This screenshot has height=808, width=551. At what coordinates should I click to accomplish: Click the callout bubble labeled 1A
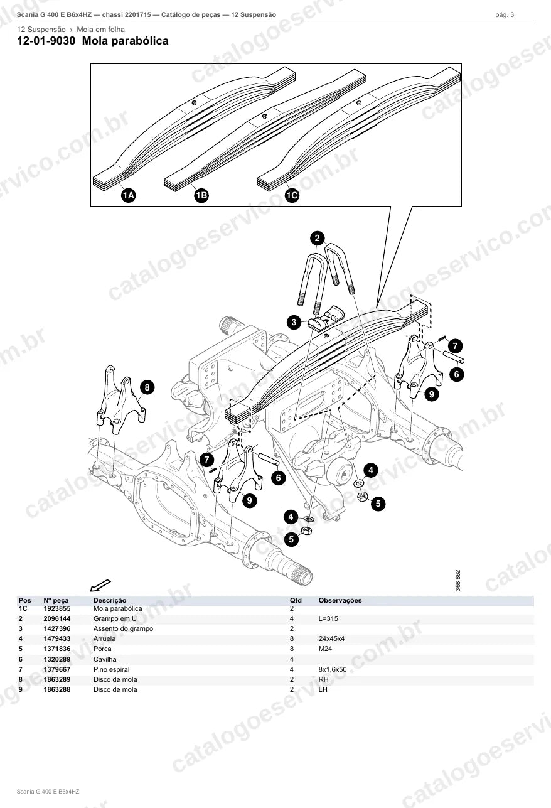pyautogui.click(x=128, y=195)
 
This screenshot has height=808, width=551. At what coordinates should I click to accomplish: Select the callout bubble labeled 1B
pyautogui.click(x=201, y=195)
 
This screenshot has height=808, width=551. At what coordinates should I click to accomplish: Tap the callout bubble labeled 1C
pyautogui.click(x=292, y=195)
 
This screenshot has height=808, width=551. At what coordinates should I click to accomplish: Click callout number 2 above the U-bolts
pyautogui.click(x=318, y=238)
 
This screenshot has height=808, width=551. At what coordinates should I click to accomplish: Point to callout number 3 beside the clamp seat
pyautogui.click(x=294, y=322)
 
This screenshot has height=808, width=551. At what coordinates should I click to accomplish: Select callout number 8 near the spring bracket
pyautogui.click(x=147, y=387)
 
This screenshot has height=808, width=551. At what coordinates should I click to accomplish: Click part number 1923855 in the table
pyautogui.click(x=57, y=608)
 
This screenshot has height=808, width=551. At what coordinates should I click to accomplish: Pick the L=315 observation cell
pyautogui.click(x=328, y=618)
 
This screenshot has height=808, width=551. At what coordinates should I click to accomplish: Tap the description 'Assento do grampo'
pyautogui.click(x=123, y=628)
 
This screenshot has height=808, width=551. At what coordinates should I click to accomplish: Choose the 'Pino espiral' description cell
pyautogui.click(x=112, y=669)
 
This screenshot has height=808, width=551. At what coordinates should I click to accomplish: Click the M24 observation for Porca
pyautogui.click(x=325, y=649)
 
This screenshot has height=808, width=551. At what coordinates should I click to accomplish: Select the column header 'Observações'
pyautogui.click(x=340, y=601)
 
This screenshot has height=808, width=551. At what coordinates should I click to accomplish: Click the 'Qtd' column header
pyautogui.click(x=296, y=601)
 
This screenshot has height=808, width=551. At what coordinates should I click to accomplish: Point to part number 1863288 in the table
pyautogui.click(x=57, y=690)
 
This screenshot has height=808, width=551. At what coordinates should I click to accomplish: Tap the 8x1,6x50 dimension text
pyautogui.click(x=333, y=669)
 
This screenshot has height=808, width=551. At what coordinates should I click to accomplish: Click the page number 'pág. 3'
pyautogui.click(x=505, y=15)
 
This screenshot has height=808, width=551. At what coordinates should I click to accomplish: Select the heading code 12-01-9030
pyautogui.click(x=46, y=41)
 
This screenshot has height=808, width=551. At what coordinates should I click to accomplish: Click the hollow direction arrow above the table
pyautogui.click(x=100, y=586)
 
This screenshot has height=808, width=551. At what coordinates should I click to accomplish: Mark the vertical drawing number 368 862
pyautogui.click(x=458, y=580)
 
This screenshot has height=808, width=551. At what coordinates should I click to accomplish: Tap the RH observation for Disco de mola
pyautogui.click(x=323, y=679)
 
